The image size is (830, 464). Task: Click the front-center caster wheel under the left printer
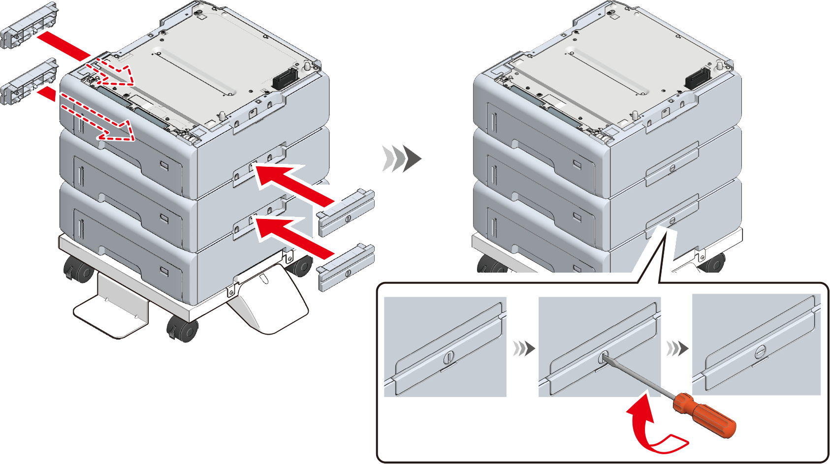pyautogui.click(x=183, y=329)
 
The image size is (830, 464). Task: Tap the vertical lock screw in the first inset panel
pyautogui.click(x=448, y=358)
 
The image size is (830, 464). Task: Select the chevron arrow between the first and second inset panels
pyautogui.click(x=523, y=348)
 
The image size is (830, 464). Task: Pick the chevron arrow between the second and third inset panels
pyautogui.click(x=677, y=348)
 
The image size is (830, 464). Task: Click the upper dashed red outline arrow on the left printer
pyautogui.click(x=116, y=72)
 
